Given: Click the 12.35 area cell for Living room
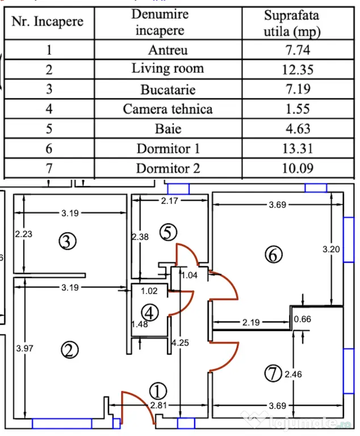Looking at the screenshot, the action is click(298, 69).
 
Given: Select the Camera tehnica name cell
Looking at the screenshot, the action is click(168, 109).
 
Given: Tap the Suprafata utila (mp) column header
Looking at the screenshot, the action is click(298, 23).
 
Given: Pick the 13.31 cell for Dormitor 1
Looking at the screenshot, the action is click(298, 148).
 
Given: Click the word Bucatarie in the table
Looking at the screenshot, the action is click(168, 90).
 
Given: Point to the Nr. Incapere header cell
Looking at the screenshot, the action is click(49, 23).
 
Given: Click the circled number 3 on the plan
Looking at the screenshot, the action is click(68, 241).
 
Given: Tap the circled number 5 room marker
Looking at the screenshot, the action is click(168, 232).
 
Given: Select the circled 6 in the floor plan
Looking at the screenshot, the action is click(274, 255).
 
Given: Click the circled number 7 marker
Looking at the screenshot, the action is click(273, 374).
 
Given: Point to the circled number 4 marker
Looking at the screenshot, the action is click(150, 313).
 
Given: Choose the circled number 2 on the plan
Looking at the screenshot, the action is click(70, 350).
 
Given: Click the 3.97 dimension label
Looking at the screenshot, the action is click(25, 348).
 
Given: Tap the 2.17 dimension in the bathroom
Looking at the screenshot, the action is click(169, 200).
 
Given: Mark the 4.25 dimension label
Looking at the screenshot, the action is click(180, 342).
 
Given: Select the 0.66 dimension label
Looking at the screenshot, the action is click(303, 319).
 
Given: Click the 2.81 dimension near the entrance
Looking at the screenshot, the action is click(158, 405).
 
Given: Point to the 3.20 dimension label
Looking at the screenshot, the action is click(331, 249).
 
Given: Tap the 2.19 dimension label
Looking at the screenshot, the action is click(251, 322).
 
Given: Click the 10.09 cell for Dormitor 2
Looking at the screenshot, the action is click(298, 168).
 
